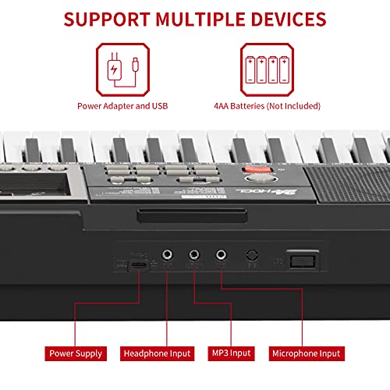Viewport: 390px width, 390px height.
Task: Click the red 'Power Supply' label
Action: pyautogui.click(x=76, y=353)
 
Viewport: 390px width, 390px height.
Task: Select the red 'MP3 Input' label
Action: pyautogui.click(x=229, y=353)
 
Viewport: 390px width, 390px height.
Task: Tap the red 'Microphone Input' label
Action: pyautogui.click(x=306, y=353)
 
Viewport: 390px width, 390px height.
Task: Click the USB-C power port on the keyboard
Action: pyautogui.click(x=138, y=265)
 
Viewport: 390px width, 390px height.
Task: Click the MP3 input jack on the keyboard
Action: pyautogui.click(x=193, y=255)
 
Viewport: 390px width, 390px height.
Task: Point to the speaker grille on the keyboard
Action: pyautogui.click(x=349, y=181)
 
